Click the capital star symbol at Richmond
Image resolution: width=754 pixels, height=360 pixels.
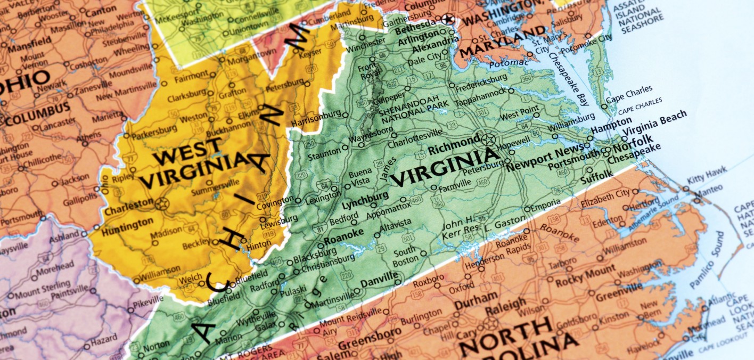pyautogui.click(x=488, y=140)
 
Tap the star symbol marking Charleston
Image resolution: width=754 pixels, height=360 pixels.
pyautogui.click(x=162, y=203)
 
